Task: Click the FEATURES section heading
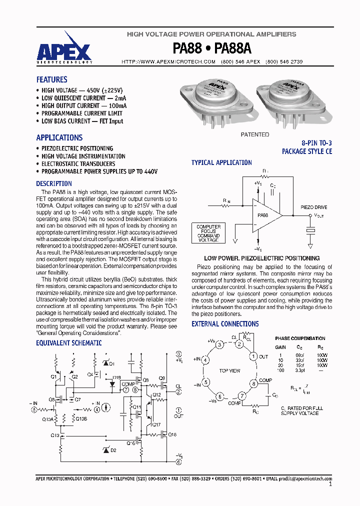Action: click(51, 79)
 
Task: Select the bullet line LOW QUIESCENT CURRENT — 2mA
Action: click(83, 98)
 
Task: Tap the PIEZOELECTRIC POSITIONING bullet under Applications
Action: click(77, 148)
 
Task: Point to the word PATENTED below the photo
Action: click(254, 134)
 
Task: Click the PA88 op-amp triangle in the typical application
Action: click(264, 215)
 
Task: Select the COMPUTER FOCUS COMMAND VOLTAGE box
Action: click(208, 233)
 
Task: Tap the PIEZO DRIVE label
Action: click(313, 206)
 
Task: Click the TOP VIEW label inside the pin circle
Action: click(229, 370)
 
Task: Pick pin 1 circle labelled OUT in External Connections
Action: click(253, 356)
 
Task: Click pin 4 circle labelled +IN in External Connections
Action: click(205, 359)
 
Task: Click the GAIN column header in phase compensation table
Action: click(280, 346)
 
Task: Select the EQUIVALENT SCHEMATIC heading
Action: click(68, 343)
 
